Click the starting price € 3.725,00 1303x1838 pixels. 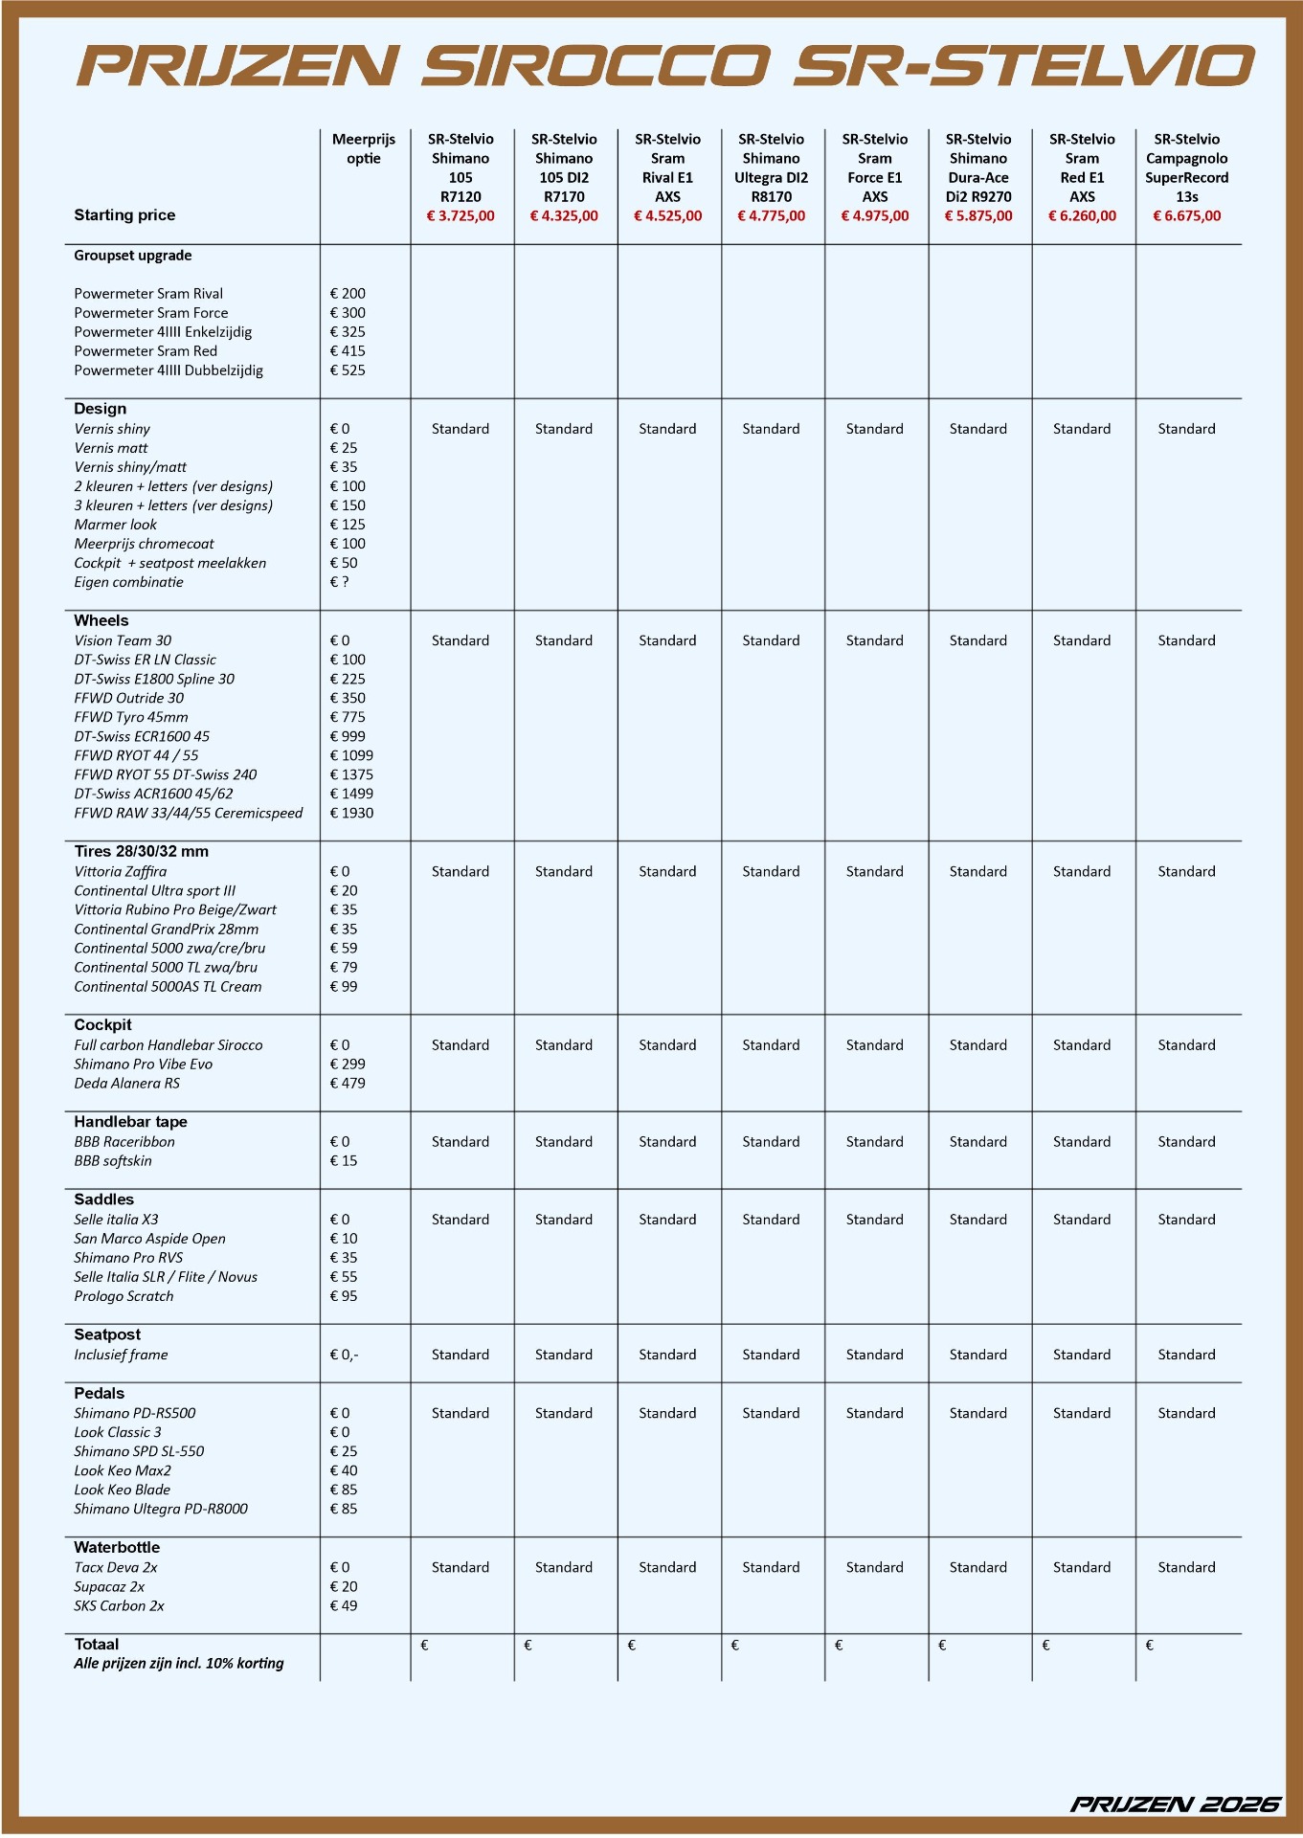pos(461,216)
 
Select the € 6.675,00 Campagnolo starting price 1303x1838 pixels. pos(1186,216)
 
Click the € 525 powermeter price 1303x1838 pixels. pos(348,370)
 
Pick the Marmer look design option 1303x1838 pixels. pos(115,525)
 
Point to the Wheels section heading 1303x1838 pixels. pos(101,620)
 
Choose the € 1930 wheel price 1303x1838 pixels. pos(351,813)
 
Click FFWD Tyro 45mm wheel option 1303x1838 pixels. pos(131,717)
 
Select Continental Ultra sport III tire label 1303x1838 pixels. pos(154,890)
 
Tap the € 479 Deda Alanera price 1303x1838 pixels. pos(348,1084)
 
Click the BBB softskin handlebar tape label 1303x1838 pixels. pos(113,1161)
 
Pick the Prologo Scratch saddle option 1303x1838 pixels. pos(124,1296)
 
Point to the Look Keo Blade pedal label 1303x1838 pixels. pos(122,1490)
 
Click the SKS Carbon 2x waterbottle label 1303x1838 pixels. pos(119,1605)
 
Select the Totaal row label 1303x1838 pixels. pos(96,1644)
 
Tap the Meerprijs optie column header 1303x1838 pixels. pos(364,149)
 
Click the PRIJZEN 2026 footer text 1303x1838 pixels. pos(1175,1804)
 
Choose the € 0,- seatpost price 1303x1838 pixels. pos(344,1355)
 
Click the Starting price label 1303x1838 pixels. pos(124,215)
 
